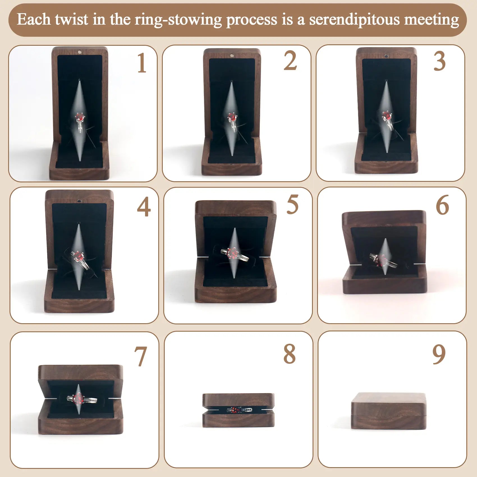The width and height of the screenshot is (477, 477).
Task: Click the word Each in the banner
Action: pyautogui.click(x=34, y=20)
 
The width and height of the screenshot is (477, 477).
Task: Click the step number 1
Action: pyautogui.click(x=142, y=63)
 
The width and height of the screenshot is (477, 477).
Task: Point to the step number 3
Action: pyautogui.click(x=439, y=62)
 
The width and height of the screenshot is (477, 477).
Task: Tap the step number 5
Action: pyautogui.click(x=292, y=205)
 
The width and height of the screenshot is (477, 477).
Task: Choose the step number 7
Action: pyautogui.click(x=141, y=356)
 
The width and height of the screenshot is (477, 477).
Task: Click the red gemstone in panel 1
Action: pyautogui.click(x=79, y=117)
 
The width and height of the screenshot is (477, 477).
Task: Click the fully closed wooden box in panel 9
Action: pyautogui.click(x=389, y=411)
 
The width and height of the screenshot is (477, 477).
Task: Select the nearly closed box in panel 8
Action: pyautogui.click(x=238, y=410)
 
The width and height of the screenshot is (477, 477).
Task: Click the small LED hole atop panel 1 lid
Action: pyautogui.click(x=79, y=52)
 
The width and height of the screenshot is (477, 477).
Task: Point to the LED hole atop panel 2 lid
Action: pyautogui.click(x=232, y=56)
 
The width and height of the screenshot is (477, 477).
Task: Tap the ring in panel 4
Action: pyautogui.click(x=79, y=259)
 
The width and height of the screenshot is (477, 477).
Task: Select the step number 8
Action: pyautogui.click(x=290, y=354)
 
